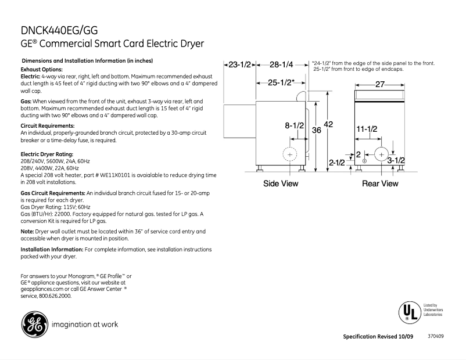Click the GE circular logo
point(33,324)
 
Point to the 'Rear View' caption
point(380,183)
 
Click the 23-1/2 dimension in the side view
point(239,64)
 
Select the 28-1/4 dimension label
point(281,64)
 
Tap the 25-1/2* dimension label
point(281,83)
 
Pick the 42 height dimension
point(328,124)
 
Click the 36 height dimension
point(316,131)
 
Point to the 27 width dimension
point(380,84)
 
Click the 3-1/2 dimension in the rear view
point(396,160)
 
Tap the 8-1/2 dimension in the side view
point(294,125)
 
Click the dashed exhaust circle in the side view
point(289,154)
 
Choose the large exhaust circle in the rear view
point(381,154)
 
